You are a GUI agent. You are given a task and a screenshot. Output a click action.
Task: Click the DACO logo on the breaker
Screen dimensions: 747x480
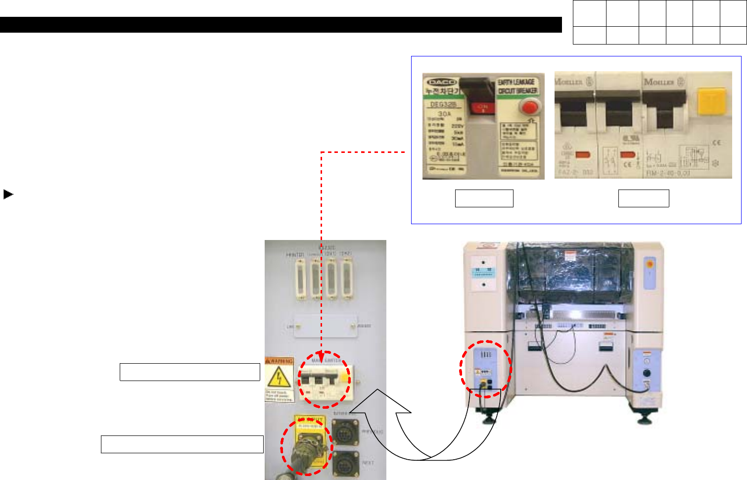[442, 82]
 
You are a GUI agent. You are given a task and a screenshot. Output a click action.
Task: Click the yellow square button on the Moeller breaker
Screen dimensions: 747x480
[711, 101]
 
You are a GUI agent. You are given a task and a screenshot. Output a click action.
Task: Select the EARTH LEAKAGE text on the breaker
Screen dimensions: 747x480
[516, 82]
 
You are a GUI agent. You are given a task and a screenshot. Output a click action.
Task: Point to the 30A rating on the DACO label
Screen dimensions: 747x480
[444, 114]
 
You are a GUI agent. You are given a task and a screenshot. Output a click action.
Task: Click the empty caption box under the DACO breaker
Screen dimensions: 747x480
[484, 198]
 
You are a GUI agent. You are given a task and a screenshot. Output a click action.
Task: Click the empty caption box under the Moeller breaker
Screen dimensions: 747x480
[643, 198]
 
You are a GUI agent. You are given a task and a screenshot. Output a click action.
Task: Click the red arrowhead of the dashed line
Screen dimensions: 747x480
[322, 360]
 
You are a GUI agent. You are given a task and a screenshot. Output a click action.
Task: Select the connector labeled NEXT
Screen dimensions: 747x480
[343, 464]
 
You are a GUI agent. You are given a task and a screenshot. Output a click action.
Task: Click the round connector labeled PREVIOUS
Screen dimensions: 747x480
[343, 432]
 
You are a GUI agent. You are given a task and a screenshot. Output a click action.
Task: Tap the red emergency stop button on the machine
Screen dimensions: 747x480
[649, 264]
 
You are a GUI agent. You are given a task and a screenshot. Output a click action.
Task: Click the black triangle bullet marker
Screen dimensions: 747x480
[8, 194]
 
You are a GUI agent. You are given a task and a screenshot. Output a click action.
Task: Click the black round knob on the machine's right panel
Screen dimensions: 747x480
[646, 374]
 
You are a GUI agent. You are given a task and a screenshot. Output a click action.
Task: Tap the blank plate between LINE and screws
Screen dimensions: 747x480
[326, 327]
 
